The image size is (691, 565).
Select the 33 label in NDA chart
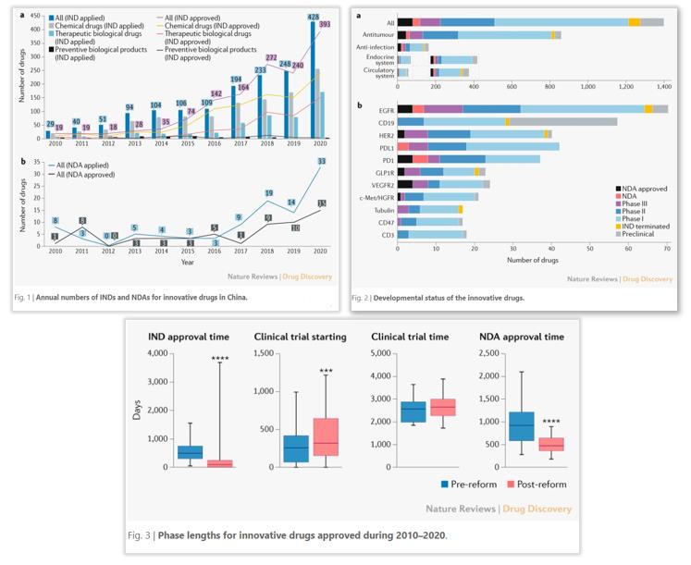(321, 162)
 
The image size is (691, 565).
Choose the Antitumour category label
(376, 34)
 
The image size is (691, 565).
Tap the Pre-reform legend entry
(472, 484)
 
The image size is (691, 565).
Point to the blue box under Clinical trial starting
(296, 448)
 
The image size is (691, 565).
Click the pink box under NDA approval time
(551, 445)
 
